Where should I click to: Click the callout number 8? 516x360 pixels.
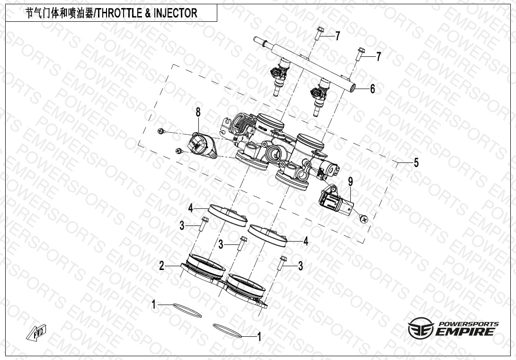198,112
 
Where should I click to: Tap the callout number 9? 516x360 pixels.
350,181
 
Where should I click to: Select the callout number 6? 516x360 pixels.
372,89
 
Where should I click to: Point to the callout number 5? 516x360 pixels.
416,162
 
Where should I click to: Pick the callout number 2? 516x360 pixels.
161,265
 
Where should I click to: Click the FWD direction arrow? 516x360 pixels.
36,333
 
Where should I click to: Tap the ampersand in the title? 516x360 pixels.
147,13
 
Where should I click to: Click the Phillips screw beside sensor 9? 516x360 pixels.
363,218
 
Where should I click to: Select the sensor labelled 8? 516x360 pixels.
202,145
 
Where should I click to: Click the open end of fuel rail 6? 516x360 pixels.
353,88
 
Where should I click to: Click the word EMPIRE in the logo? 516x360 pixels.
466,331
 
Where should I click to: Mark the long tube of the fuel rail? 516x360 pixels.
304,64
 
